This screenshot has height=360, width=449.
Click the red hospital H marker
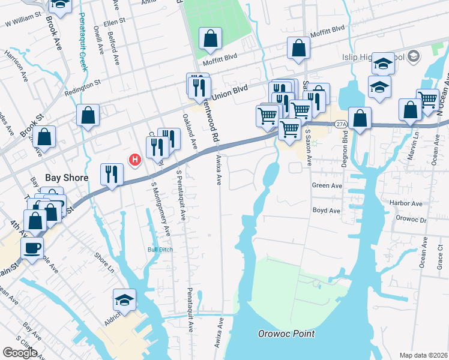[x=136, y=160]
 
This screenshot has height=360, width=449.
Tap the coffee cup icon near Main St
[x=32, y=248]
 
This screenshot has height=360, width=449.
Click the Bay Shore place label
[x=67, y=178]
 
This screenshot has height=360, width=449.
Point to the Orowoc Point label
[x=286, y=334]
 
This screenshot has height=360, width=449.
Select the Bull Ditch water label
[x=160, y=250]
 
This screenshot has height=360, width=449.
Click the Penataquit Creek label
[x=83, y=42]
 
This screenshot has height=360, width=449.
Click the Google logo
[x=20, y=353]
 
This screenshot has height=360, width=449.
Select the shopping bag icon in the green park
[x=210, y=39]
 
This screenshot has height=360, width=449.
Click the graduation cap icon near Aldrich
[x=124, y=299]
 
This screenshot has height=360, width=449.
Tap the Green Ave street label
[x=327, y=186]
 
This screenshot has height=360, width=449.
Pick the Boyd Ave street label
[x=326, y=211]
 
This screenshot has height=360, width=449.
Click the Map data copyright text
[x=423, y=355]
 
